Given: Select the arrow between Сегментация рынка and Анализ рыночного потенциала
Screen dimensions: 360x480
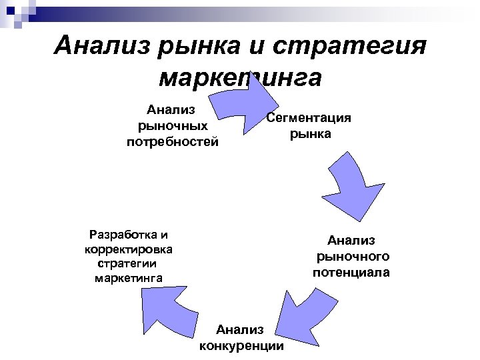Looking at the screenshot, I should coord(350,177).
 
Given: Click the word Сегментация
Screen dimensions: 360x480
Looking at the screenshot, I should coord(309,118).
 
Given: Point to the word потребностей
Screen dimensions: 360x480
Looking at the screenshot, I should coord(172,141).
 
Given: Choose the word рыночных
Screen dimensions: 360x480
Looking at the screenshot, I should coord(172,125).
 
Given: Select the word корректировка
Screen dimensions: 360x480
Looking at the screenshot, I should coord(129,249).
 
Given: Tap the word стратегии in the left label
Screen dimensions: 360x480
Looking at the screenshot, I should coord(129,263).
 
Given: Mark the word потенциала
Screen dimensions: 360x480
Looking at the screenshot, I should coord(351,272).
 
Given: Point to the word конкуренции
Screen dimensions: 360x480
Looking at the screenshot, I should coord(241,345).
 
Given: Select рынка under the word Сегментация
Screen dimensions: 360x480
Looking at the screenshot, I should coord(310,133).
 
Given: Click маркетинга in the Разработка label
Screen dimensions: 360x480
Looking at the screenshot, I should coord(129,277).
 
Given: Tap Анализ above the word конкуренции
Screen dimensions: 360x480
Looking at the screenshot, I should coord(240,329).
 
